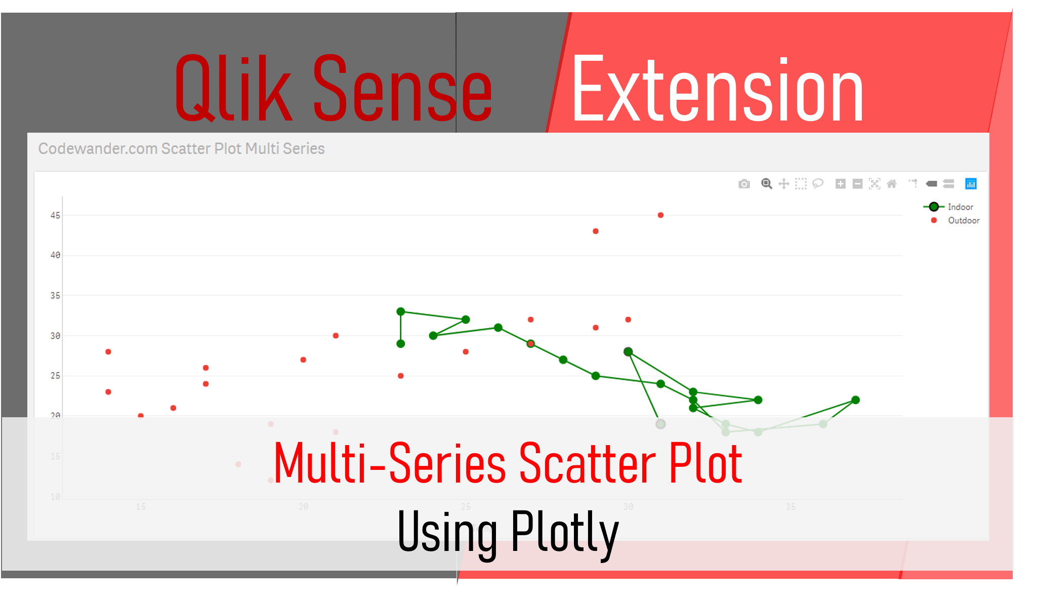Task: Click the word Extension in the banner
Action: tap(718, 90)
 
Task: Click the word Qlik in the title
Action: tap(233, 90)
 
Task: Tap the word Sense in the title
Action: tap(402, 90)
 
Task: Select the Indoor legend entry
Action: tap(960, 207)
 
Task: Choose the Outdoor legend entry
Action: tap(963, 220)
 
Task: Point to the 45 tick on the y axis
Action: tap(55, 215)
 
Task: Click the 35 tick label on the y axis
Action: tap(55, 295)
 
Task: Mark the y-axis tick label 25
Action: tap(55, 376)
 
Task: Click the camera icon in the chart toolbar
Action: tap(744, 184)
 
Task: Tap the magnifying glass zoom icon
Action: tap(767, 184)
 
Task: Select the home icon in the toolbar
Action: tap(892, 184)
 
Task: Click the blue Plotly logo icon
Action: tap(971, 184)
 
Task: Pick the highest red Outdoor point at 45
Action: tap(660, 215)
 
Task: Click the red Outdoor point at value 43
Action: tap(596, 231)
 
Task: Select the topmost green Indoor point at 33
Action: tap(401, 311)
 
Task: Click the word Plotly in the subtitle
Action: tap(565, 532)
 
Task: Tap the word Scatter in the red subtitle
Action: tap(588, 463)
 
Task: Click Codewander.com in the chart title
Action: tap(98, 148)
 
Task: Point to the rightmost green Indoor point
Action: tap(856, 400)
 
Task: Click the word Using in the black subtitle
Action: tap(447, 532)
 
